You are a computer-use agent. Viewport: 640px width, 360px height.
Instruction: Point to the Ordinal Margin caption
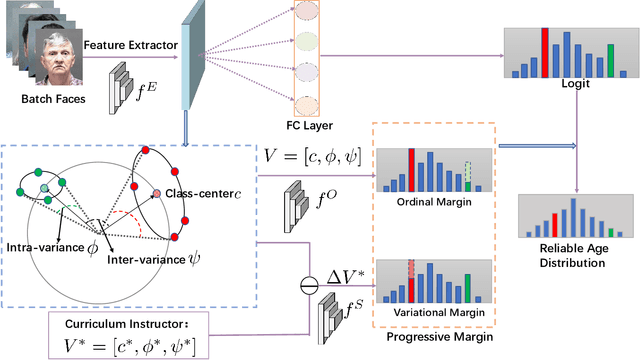[431, 198]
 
